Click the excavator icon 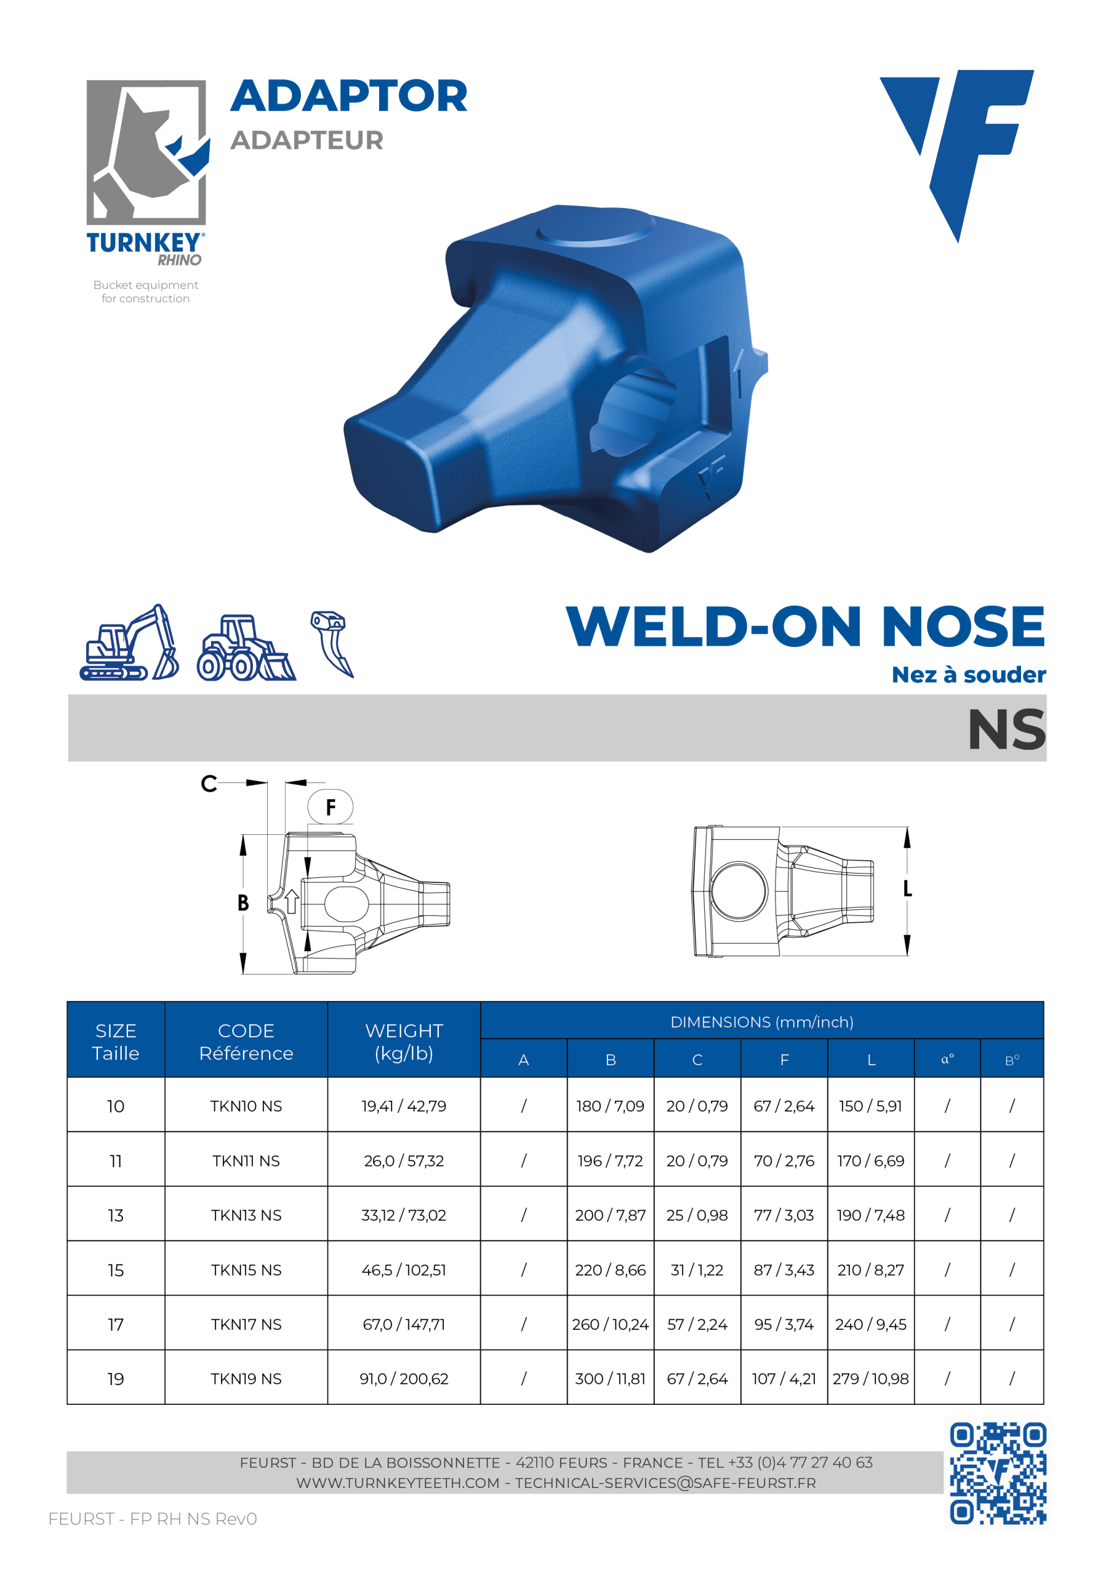coord(129,643)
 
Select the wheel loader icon coord(246,647)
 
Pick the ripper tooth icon coord(332,643)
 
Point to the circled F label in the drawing coord(330,806)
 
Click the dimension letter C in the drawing coord(209,783)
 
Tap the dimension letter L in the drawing coord(907,889)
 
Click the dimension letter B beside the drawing coord(243,903)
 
